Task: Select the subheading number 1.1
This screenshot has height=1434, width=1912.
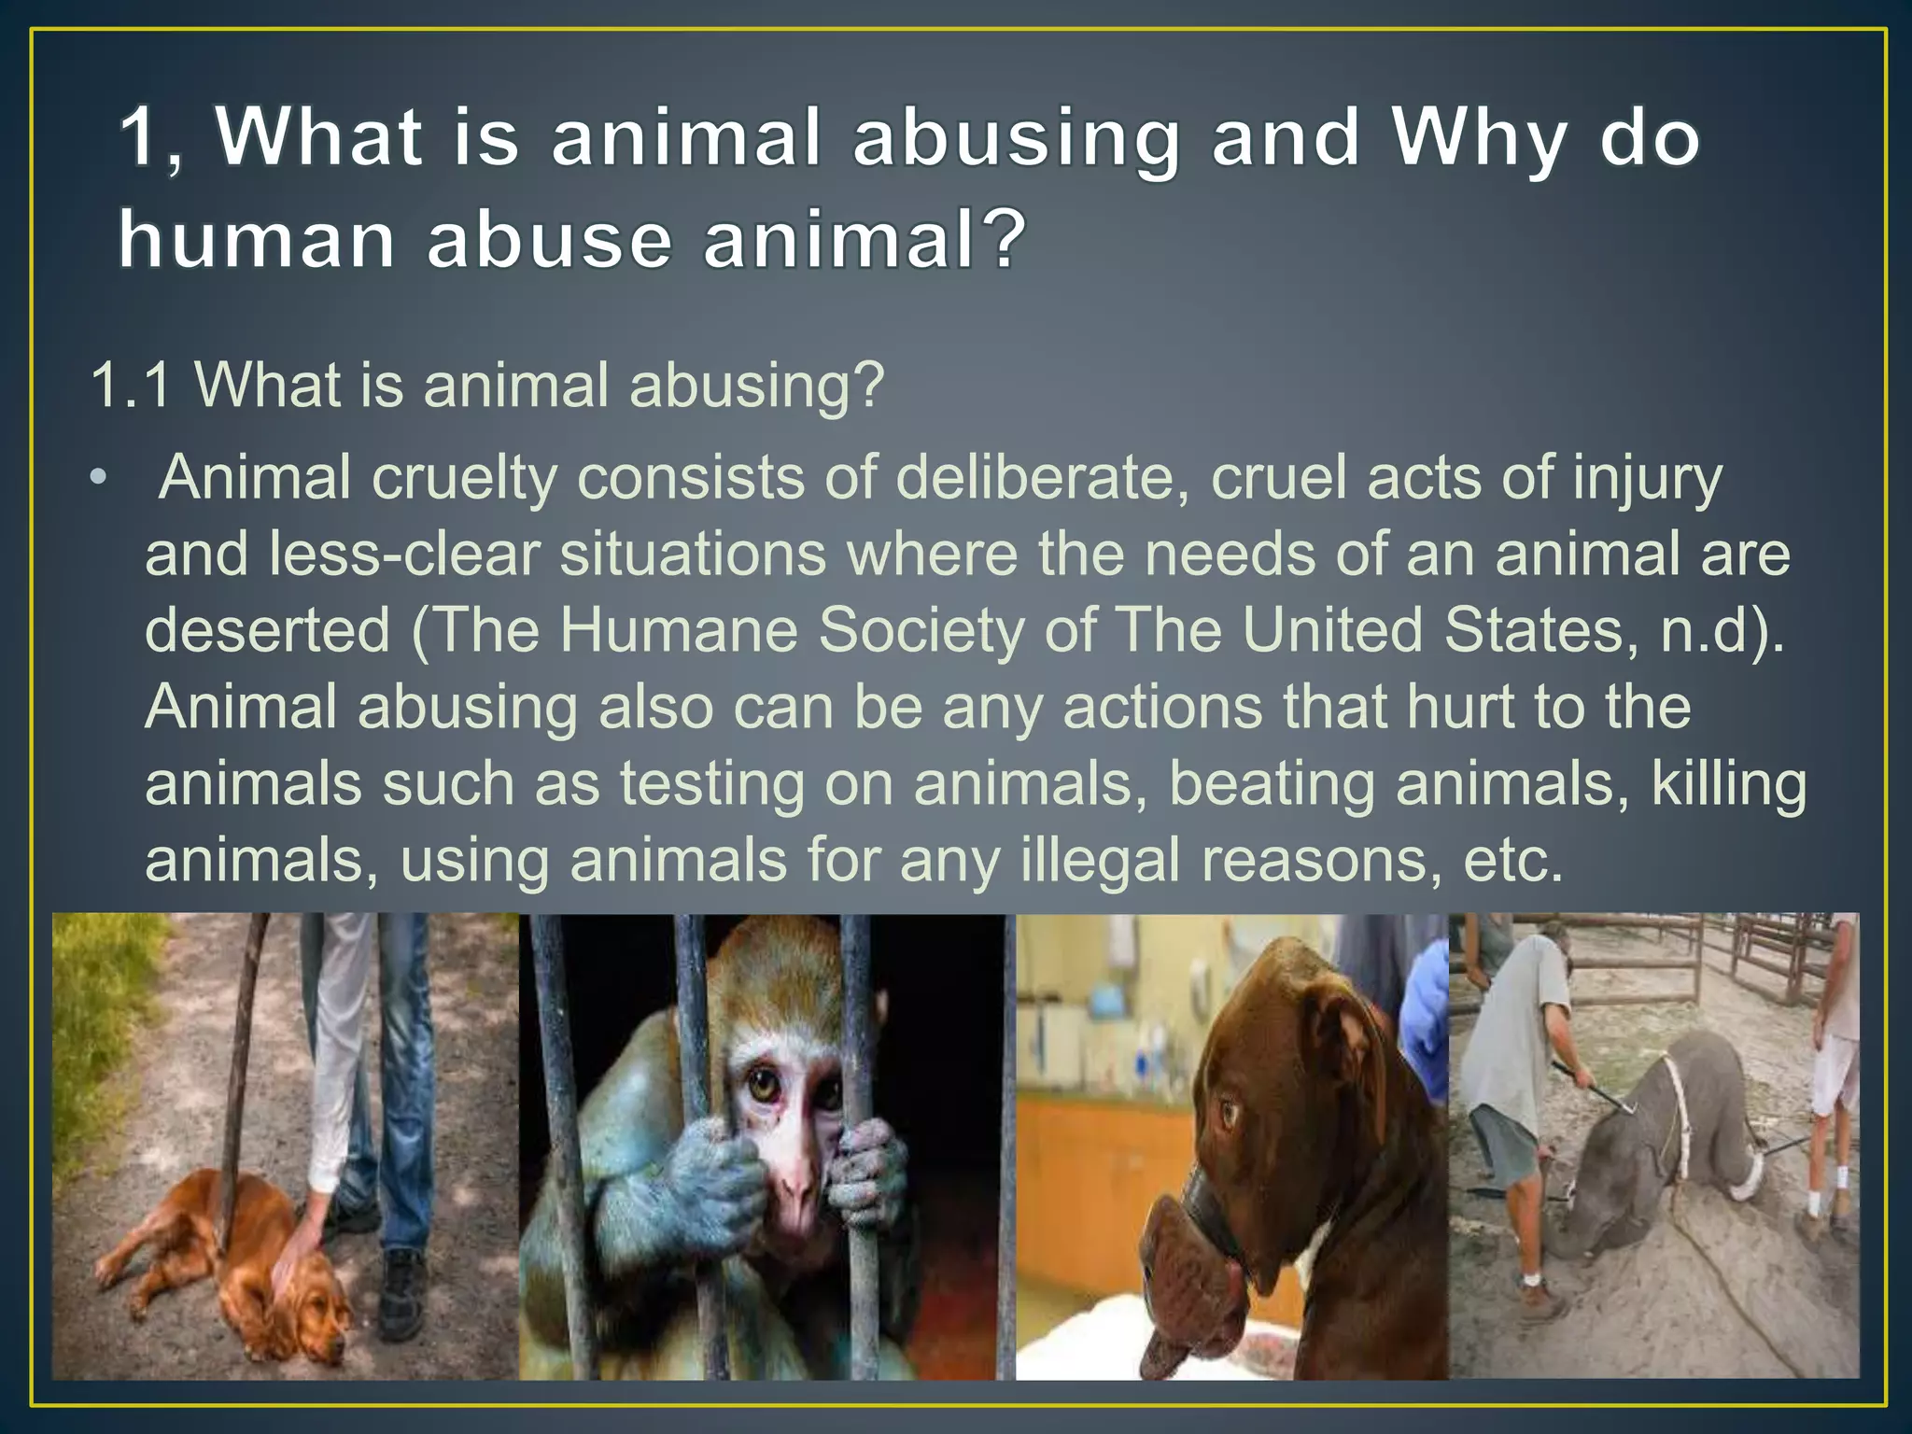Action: tap(131, 385)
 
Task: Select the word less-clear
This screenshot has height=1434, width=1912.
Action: tap(404, 554)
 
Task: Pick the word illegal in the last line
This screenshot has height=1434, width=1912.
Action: tap(1101, 860)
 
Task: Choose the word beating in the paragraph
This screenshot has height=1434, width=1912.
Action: tap(1272, 783)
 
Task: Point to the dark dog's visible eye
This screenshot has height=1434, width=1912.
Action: tap(1230, 1113)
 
